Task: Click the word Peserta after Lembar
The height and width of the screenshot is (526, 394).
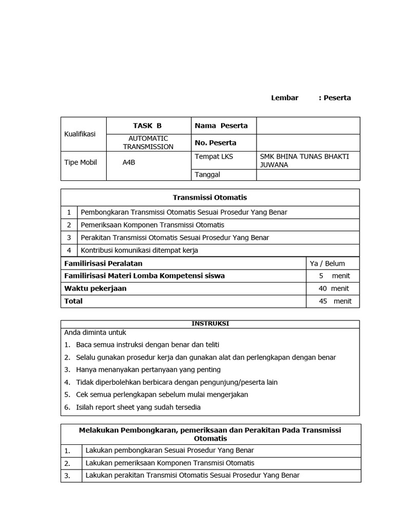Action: coord(337,98)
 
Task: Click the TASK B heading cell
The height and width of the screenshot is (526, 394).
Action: coord(147,125)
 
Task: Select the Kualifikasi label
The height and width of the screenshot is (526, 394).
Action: coord(80,134)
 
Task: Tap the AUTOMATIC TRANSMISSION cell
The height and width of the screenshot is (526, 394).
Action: coord(148,142)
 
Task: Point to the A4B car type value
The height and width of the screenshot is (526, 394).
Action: coord(129,162)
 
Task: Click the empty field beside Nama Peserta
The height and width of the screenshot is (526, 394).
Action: coord(308,125)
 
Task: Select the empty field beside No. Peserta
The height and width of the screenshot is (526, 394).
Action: coord(308,142)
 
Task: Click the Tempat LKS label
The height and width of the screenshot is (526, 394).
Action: coord(214,156)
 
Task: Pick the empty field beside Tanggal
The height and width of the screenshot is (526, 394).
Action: coord(308,175)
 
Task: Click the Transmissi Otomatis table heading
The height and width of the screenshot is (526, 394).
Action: coord(210,197)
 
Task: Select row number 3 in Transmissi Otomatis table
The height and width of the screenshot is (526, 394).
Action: coord(69,237)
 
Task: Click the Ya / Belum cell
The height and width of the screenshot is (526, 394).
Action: coord(327,264)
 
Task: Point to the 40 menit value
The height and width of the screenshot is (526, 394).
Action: coord(333,288)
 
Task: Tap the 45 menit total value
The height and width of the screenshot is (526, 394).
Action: coord(334,301)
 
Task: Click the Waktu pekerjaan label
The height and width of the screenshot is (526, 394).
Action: coord(95,288)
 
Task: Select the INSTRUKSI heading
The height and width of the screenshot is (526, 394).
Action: coord(210,324)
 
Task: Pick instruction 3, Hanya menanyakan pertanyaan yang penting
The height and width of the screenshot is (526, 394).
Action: coord(148,369)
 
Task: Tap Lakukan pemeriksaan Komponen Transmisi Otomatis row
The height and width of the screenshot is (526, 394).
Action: coord(170,463)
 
